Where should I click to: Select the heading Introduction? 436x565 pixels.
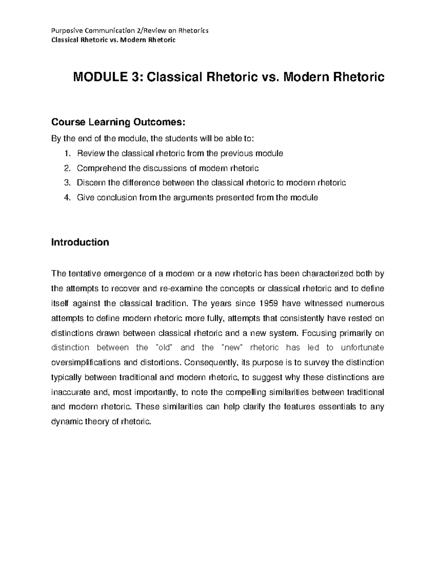(80, 242)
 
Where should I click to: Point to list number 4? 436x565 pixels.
(66, 198)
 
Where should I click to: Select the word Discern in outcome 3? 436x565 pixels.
(89, 183)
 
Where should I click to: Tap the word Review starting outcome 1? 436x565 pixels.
(89, 154)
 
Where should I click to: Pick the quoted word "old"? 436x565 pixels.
(162, 347)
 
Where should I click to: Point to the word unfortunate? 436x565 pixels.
(362, 347)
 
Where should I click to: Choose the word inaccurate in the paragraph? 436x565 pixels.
(70, 392)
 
